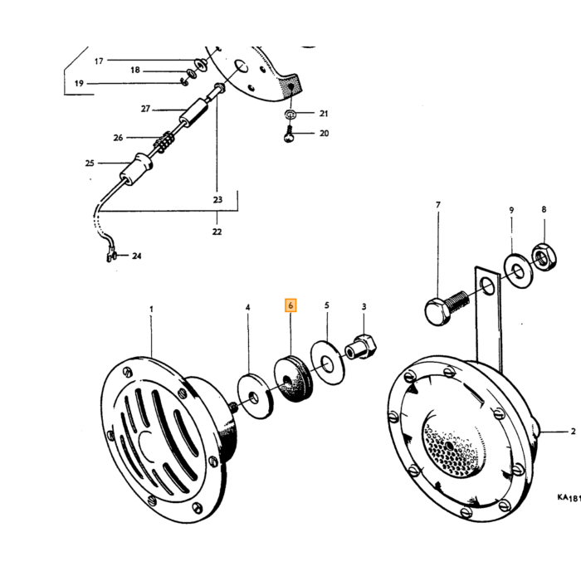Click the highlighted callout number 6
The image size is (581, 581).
click(290, 305)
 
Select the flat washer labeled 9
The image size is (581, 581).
click(518, 271)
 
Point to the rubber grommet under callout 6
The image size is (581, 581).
click(293, 378)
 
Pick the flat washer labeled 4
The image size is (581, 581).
click(256, 397)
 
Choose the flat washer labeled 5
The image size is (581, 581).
click(327, 364)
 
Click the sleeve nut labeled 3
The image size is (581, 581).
click(362, 346)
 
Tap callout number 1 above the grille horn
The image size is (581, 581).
click(151, 309)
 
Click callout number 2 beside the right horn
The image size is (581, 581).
click(573, 431)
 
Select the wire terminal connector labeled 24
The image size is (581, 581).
click(111, 256)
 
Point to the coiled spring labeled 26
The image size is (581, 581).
click(164, 141)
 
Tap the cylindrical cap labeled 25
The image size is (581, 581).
click(136, 168)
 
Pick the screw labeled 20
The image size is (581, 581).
click(289, 134)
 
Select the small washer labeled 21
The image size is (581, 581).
click(290, 115)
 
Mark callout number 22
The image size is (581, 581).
click(217, 232)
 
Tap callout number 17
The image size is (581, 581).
click(99, 61)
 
